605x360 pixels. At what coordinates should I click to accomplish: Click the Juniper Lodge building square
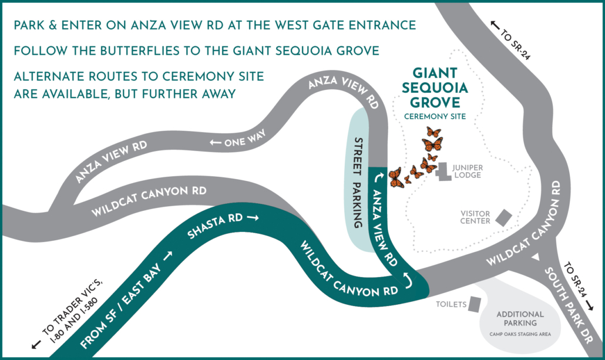[443, 172]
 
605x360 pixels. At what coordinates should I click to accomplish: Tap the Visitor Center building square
[503, 218]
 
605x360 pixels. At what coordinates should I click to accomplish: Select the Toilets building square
[474, 304]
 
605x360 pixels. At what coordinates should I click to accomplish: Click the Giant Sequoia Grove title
[435, 89]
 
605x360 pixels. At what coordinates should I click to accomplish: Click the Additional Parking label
[520, 319]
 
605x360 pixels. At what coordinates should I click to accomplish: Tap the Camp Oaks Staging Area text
[520, 335]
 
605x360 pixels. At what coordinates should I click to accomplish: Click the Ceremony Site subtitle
[435, 117]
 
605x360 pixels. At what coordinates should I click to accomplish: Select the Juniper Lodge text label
[468, 171]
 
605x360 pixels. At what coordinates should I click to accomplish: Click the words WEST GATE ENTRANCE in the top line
[342, 25]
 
